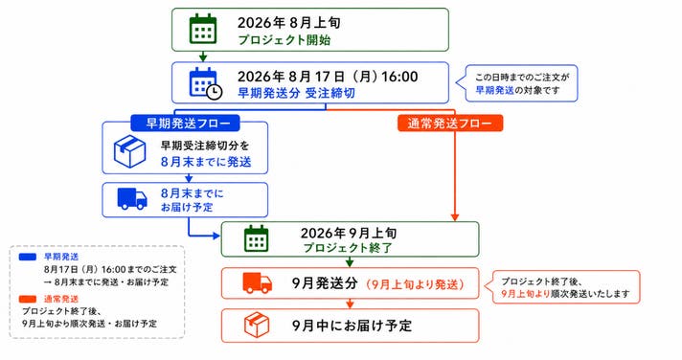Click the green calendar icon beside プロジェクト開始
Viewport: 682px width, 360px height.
point(203,29)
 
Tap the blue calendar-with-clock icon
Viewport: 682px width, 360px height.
point(206,83)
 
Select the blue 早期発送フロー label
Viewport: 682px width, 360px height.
point(185,124)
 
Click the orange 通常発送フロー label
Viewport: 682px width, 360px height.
point(450,124)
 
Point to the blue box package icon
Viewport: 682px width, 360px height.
point(129,151)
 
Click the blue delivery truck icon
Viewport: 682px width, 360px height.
point(132,199)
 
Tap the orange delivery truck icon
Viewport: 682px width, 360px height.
point(258,283)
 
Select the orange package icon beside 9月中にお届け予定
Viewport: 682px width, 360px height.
point(257,326)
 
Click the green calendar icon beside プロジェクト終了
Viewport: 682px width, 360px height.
point(256,238)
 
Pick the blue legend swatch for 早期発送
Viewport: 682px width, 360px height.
point(28,257)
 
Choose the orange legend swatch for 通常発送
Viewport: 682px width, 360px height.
point(28,299)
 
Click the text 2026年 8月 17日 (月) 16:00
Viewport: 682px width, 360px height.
point(328,77)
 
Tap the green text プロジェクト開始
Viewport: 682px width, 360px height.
point(284,40)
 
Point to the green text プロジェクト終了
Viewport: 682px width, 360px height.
point(348,248)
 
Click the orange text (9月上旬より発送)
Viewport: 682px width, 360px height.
point(415,284)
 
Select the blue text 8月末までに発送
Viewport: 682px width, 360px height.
point(206,162)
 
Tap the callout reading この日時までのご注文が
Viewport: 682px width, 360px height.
point(522,78)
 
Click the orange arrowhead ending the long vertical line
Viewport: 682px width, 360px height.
point(455,217)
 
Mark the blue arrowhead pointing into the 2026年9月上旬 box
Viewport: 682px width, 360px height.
point(216,236)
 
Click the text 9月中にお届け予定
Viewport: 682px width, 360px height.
point(352,326)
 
